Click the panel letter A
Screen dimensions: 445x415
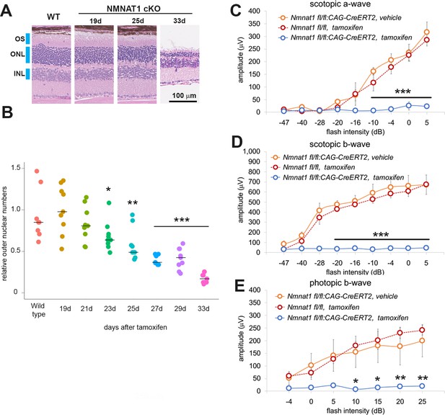(6, 11)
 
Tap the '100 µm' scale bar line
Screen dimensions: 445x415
(182, 101)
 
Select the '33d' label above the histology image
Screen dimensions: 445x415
(180, 21)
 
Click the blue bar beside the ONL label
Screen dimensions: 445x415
(28, 55)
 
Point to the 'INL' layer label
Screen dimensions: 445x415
(19, 73)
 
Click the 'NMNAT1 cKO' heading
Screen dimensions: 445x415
(133, 9)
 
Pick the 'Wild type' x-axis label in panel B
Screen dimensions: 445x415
(38, 310)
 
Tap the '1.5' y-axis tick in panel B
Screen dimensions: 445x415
(16, 168)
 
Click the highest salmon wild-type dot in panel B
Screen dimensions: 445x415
(37, 171)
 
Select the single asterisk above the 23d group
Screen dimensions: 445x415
(108, 189)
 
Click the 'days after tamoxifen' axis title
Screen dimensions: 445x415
(136, 327)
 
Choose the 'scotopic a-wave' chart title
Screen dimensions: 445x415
(340, 4)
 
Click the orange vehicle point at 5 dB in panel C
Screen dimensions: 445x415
(426, 32)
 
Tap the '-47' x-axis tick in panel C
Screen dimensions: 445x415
(283, 122)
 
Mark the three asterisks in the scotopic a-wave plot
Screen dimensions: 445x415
(402, 92)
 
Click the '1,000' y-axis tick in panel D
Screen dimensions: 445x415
(252, 151)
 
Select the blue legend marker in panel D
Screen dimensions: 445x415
(275, 177)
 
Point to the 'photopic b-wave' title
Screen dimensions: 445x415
(340, 283)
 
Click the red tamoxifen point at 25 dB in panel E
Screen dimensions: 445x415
(422, 330)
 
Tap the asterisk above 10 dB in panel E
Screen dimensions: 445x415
(356, 381)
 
